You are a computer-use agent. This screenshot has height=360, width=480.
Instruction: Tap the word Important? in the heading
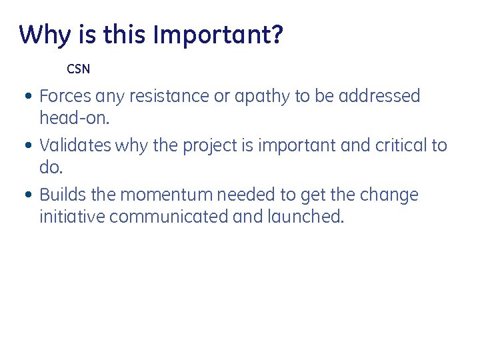(x=218, y=35)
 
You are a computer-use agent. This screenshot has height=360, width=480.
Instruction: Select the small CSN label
(x=78, y=69)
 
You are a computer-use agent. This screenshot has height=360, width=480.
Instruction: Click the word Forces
(x=66, y=96)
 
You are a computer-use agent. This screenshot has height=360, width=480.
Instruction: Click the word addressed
(x=379, y=96)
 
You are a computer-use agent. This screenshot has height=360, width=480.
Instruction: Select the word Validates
(x=75, y=145)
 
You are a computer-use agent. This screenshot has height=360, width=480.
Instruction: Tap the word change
(x=389, y=195)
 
